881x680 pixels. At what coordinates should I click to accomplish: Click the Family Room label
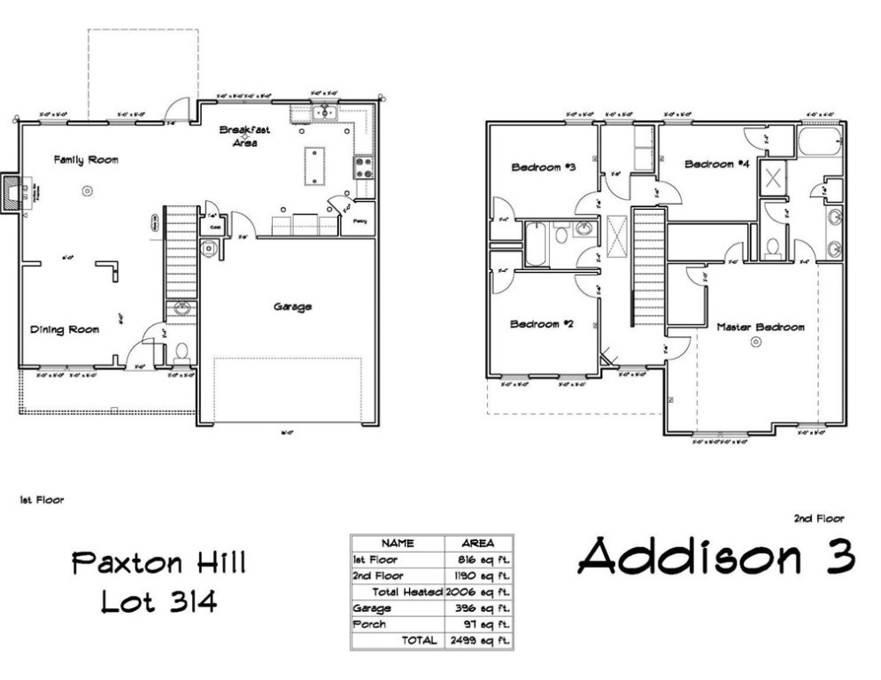pos(86,160)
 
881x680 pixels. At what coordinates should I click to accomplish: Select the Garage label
pos(292,307)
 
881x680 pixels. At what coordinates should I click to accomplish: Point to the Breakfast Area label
pos(245,136)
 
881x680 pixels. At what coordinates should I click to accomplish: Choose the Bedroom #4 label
pos(717,164)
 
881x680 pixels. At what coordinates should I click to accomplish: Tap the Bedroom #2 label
pos(542,324)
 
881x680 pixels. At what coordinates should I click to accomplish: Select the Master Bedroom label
pos(760,327)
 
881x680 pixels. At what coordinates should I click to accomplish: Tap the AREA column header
pos(478,544)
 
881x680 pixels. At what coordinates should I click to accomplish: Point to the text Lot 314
pos(158,602)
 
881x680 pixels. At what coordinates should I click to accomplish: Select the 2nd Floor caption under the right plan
pos(819,519)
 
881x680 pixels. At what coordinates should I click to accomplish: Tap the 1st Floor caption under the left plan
pos(43,500)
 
